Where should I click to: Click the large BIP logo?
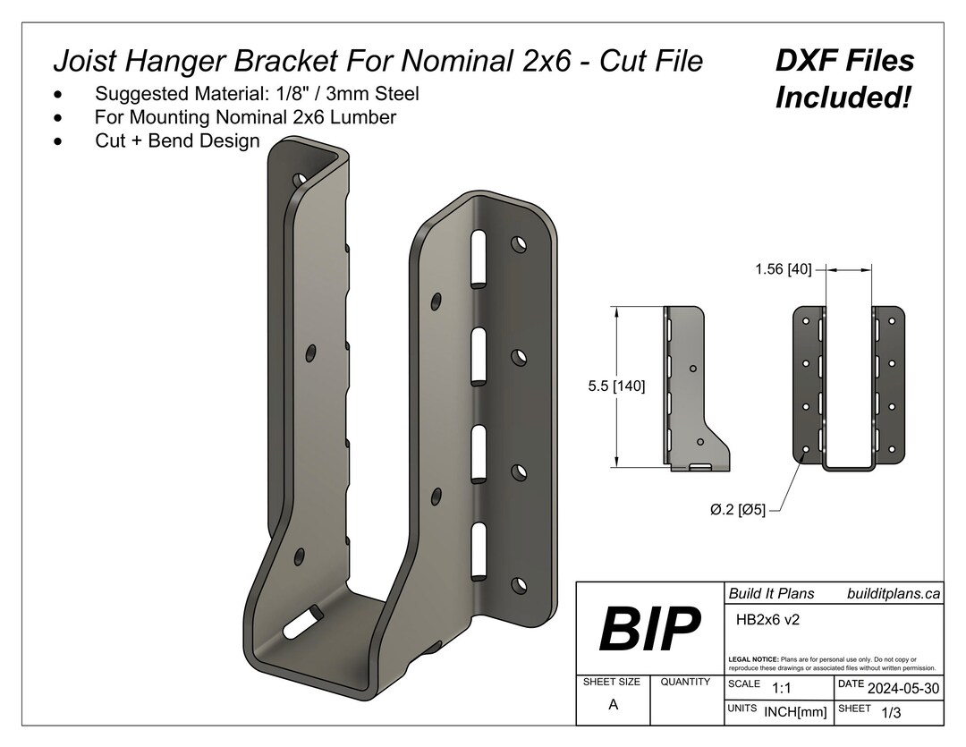click(649, 629)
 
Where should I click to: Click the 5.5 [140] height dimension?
click(616, 386)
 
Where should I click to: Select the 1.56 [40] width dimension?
click(783, 268)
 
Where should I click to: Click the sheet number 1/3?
click(891, 712)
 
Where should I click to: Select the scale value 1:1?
click(781, 688)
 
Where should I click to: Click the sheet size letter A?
click(613, 704)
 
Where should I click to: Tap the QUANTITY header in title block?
click(685, 682)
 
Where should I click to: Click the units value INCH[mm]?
click(795, 712)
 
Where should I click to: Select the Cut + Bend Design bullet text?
click(177, 140)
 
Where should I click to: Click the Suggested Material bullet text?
click(257, 93)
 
